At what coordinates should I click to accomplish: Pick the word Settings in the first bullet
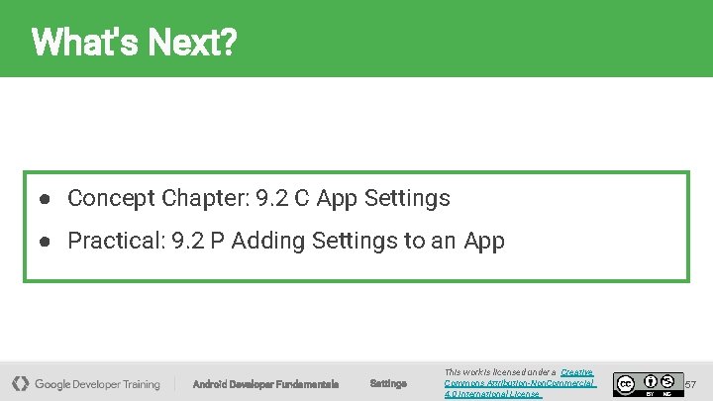click(407, 198)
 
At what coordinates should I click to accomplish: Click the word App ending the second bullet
click(484, 241)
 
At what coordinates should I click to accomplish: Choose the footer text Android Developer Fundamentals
click(265, 383)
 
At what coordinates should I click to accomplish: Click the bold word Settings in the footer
click(388, 383)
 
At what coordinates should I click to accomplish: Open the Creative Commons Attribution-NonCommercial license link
click(520, 382)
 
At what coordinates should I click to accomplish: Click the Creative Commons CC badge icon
click(625, 382)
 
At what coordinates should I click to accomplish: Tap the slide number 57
click(691, 383)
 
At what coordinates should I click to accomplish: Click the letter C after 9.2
click(300, 198)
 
